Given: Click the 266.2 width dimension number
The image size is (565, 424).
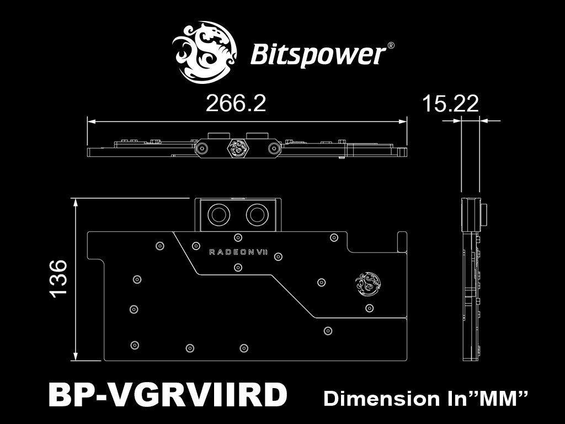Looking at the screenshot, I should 236,104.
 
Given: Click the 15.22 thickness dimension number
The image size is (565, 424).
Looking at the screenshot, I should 450,104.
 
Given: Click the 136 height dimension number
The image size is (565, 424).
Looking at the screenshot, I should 58,278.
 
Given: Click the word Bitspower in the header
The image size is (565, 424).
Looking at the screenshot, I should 318,55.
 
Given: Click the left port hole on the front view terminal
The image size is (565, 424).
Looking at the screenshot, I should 217,213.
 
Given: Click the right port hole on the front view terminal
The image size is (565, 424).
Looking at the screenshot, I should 256,213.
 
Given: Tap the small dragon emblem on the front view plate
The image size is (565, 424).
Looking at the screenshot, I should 366,283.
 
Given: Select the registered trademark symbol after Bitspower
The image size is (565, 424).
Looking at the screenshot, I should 390,46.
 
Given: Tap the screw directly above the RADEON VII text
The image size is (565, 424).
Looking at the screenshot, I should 237,237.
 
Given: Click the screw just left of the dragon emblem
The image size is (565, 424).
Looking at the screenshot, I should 321,281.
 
